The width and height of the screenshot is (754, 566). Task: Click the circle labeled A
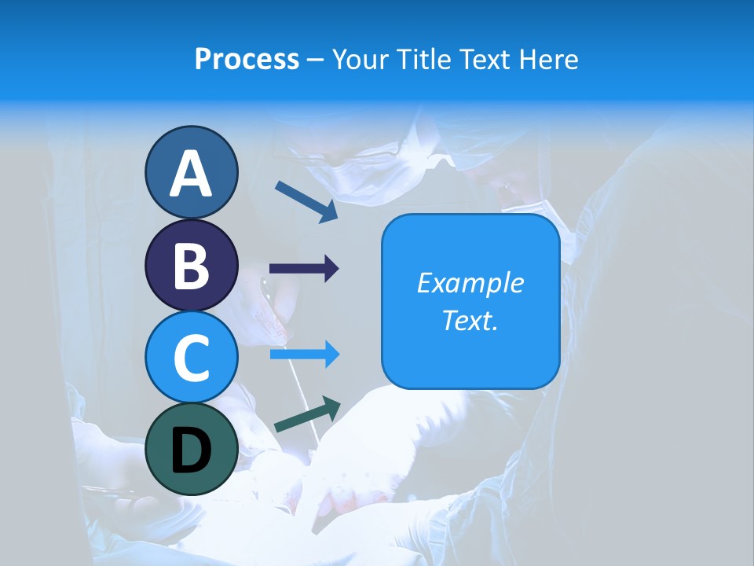pyautogui.click(x=191, y=172)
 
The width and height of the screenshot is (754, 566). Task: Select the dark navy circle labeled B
pyautogui.click(x=191, y=265)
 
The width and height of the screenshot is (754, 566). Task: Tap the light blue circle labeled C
pyautogui.click(x=191, y=357)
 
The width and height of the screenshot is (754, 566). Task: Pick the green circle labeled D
pyautogui.click(x=191, y=450)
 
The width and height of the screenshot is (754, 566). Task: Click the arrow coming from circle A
pyautogui.click(x=306, y=200)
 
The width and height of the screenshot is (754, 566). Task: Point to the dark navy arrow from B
pyautogui.click(x=304, y=269)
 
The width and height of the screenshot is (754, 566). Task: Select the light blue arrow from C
pyautogui.click(x=305, y=355)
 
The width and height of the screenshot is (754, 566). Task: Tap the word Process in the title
pyautogui.click(x=247, y=59)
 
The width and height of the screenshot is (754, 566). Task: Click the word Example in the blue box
pyautogui.click(x=470, y=283)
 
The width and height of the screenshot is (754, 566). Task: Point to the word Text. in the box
pyautogui.click(x=470, y=320)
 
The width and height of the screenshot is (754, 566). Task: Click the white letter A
pyautogui.click(x=191, y=174)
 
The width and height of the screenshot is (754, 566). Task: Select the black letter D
pyautogui.click(x=191, y=451)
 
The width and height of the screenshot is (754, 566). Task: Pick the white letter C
pyautogui.click(x=191, y=358)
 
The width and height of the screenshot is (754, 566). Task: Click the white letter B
pyautogui.click(x=191, y=266)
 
